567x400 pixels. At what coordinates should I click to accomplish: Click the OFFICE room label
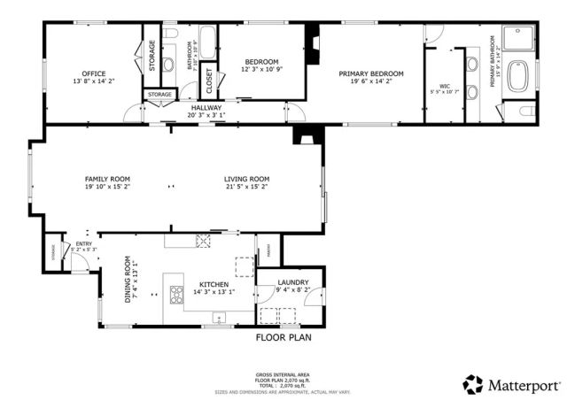click(x=94, y=73)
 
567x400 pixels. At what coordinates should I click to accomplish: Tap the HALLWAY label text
click(x=206, y=107)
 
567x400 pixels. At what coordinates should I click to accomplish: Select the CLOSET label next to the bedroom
click(x=210, y=81)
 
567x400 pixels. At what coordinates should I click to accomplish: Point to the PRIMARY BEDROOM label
click(x=371, y=73)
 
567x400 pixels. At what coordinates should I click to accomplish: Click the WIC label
click(x=446, y=86)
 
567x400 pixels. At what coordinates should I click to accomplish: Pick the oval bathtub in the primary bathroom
click(x=517, y=74)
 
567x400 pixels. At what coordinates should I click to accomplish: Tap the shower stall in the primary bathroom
click(x=515, y=38)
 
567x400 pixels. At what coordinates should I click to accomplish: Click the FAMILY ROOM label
click(x=107, y=179)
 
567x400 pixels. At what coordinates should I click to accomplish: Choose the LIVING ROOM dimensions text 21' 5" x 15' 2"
click(x=246, y=187)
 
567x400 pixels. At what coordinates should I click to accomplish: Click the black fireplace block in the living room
click(x=306, y=136)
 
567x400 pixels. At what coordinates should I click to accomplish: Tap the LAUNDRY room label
click(x=292, y=282)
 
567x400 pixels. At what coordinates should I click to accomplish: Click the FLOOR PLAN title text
click(x=283, y=337)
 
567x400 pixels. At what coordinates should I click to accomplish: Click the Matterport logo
click(x=512, y=384)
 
